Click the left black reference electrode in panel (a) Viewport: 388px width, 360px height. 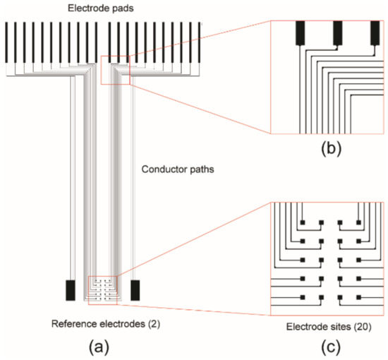pos(71,289)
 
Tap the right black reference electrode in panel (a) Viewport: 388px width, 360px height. pos(135,289)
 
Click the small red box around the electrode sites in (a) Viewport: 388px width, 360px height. pos(103,289)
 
